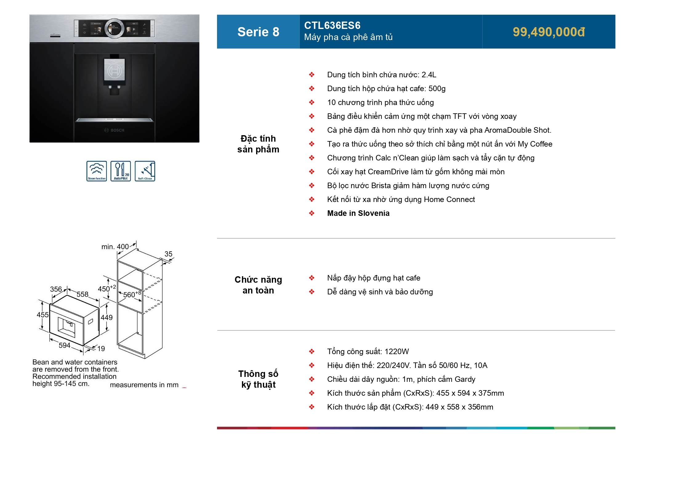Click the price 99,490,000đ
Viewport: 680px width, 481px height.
coord(549,32)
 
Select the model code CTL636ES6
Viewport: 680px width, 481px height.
coord(332,26)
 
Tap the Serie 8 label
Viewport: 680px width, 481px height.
coord(258,32)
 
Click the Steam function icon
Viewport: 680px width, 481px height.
coord(97,171)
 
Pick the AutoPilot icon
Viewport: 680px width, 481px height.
coord(121,171)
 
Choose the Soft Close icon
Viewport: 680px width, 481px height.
coord(145,171)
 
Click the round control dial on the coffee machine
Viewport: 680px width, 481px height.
coord(115,29)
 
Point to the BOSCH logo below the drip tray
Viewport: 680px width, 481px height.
coord(115,130)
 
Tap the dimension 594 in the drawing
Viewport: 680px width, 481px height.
coord(65,346)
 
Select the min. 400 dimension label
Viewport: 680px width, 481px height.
coord(115,247)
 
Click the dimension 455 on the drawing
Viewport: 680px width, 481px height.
coord(42,315)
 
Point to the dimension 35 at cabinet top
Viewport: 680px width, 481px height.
coord(168,254)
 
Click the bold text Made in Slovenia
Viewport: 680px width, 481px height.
coord(358,213)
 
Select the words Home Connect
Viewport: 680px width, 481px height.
coord(449,200)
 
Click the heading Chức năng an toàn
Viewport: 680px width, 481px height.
coord(258,285)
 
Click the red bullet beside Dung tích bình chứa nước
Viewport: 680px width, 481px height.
coord(312,75)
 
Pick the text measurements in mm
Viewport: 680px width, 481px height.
coord(144,385)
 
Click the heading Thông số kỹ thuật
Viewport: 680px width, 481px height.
coord(258,379)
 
